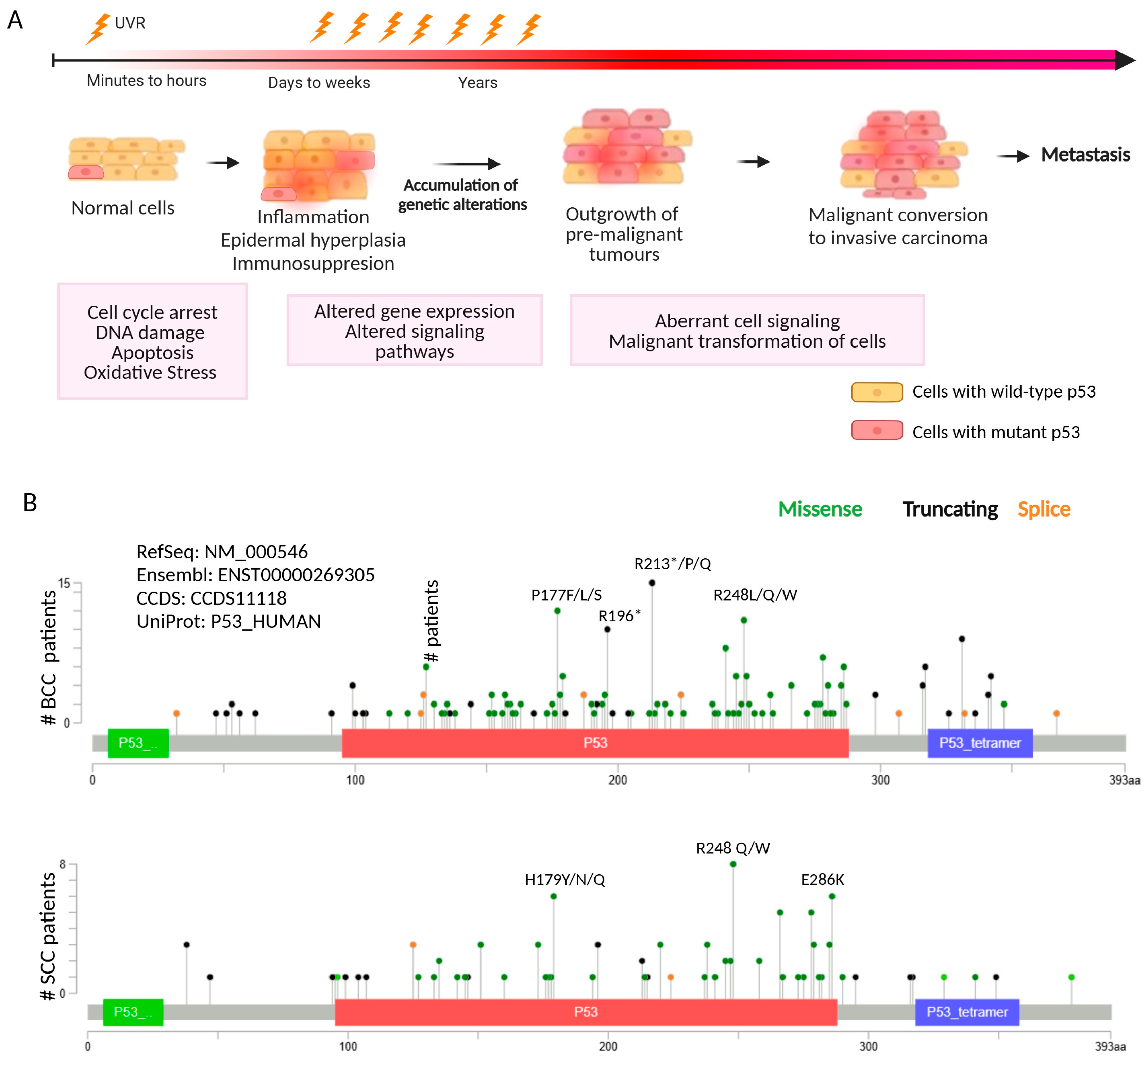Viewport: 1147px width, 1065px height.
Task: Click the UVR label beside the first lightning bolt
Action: point(130,23)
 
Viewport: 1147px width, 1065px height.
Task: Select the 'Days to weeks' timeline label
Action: point(319,82)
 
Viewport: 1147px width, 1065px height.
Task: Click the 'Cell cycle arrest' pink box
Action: point(152,341)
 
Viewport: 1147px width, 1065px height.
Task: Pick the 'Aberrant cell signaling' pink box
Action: point(747,330)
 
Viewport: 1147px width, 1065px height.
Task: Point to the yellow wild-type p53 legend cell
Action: point(877,392)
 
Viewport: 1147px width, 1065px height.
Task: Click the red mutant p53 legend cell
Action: point(877,430)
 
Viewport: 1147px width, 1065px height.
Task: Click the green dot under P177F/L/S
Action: point(557,611)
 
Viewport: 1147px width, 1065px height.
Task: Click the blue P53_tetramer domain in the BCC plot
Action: point(979,743)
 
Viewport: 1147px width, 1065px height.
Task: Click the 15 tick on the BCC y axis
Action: point(64,583)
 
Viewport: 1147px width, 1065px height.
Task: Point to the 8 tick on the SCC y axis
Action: point(62,864)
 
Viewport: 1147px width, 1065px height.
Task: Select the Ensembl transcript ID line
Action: point(255,575)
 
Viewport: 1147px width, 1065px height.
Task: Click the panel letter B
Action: point(30,503)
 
